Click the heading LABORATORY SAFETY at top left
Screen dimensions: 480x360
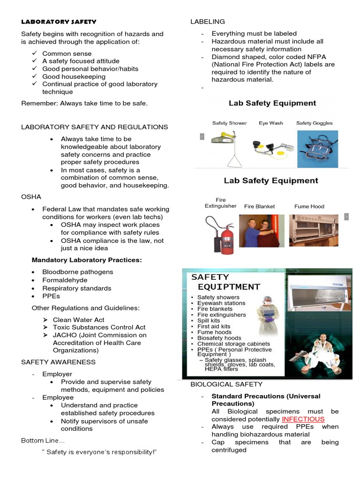click(x=59, y=22)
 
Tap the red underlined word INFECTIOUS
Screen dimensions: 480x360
click(x=303, y=419)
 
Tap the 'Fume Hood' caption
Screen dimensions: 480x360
click(x=309, y=206)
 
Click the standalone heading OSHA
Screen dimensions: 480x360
click(x=31, y=197)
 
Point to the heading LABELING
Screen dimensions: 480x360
click(x=207, y=22)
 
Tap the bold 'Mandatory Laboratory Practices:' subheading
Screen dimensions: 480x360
click(x=86, y=260)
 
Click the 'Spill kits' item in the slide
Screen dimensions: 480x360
click(x=211, y=321)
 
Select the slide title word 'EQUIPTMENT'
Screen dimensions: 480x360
click(x=229, y=287)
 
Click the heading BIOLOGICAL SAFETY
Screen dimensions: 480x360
click(x=226, y=384)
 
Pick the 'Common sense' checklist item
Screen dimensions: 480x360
click(x=67, y=53)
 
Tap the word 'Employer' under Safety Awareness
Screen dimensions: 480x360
click(x=57, y=374)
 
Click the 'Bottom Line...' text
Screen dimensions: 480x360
click(x=43, y=441)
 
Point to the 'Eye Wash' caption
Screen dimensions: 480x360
click(x=270, y=123)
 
